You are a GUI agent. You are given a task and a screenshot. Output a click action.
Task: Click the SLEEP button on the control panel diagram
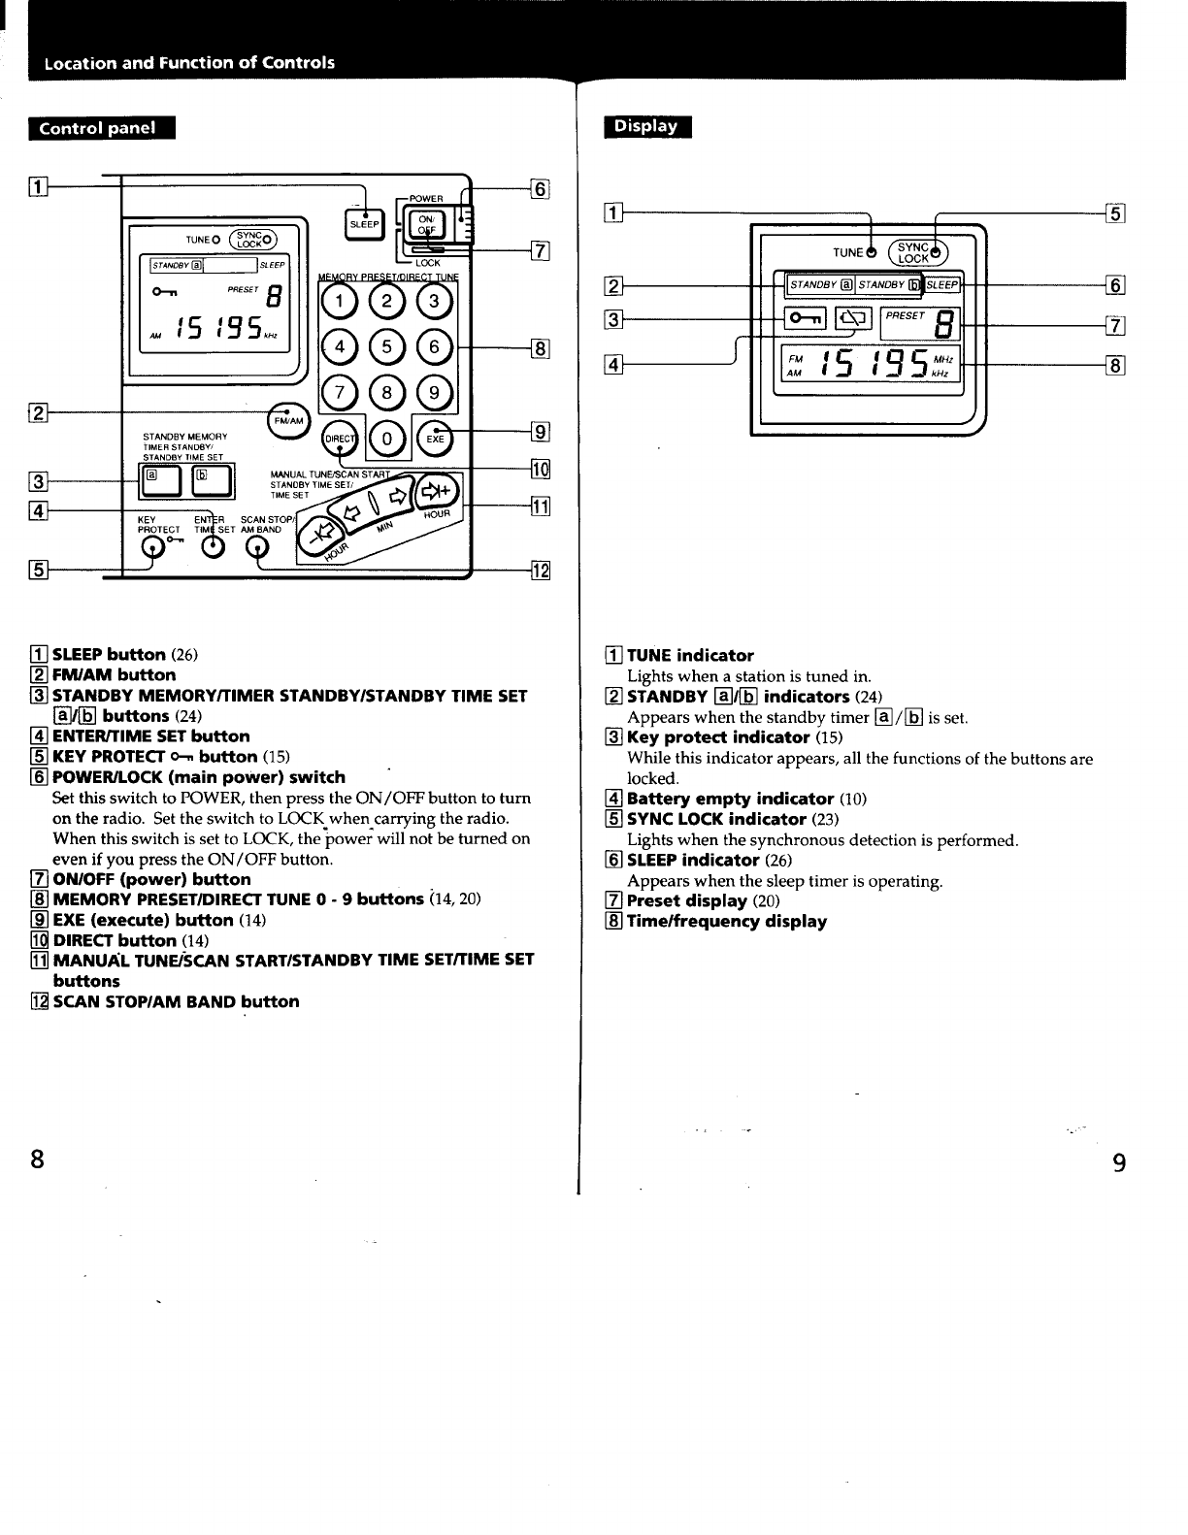[x=364, y=224]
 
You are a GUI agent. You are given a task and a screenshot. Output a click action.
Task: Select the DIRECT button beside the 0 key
[x=340, y=439]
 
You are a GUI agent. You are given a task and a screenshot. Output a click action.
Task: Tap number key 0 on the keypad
[x=386, y=439]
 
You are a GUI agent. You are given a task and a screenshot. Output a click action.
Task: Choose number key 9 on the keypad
[x=434, y=392]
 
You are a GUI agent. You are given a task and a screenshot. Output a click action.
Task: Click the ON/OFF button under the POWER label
[x=425, y=224]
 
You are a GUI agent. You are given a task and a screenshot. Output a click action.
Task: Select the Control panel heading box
[x=102, y=129]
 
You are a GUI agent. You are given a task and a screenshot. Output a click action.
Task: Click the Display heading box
[x=647, y=126]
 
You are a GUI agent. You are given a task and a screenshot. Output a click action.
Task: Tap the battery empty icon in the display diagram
[x=854, y=316]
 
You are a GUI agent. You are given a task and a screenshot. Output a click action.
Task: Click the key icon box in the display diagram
[x=805, y=316]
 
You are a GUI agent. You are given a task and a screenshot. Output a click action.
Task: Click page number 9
[x=1119, y=1162]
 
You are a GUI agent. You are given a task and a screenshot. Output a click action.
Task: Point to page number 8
[x=37, y=1159]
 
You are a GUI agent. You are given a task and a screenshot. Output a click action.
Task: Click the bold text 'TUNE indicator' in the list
[x=690, y=656]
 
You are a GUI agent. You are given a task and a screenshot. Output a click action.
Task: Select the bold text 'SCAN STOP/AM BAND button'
[x=176, y=1002]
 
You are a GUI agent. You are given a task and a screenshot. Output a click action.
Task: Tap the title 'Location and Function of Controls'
[x=189, y=63]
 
